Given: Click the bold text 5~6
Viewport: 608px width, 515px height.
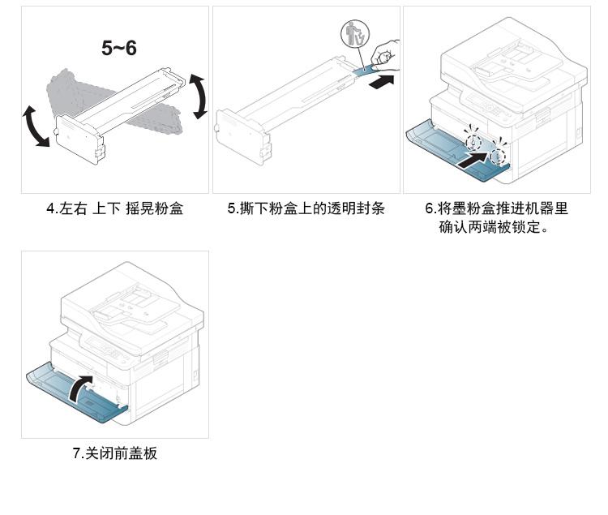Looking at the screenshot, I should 119,48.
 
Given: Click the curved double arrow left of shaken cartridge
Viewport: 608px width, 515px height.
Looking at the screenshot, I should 35,127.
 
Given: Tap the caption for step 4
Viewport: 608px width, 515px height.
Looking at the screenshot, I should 114,209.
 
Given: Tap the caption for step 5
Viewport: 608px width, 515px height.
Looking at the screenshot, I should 306,209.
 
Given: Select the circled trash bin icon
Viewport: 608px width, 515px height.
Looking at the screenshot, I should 354,36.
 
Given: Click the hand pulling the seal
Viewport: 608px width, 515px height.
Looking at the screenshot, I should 386,54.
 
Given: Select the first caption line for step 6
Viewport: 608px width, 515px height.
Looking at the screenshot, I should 496,209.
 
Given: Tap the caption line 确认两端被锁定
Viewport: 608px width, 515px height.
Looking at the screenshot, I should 496,228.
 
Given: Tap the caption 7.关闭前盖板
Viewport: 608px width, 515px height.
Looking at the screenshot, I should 114,453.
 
